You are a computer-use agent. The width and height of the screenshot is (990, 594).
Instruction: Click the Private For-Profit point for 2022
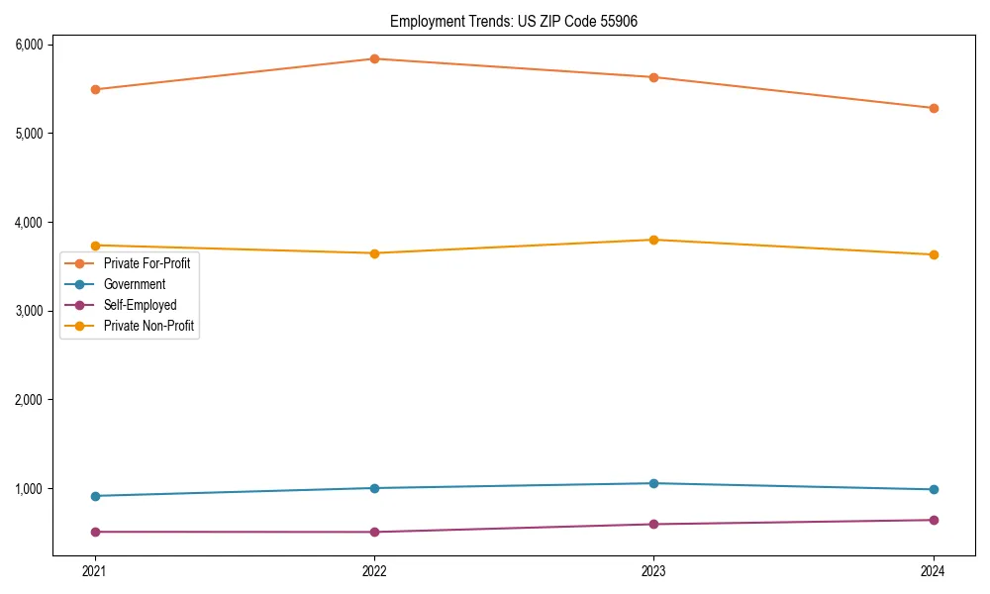tap(374, 58)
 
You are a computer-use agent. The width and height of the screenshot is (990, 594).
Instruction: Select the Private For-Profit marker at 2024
tap(934, 108)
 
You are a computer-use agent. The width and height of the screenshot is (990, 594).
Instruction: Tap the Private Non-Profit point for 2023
tap(653, 240)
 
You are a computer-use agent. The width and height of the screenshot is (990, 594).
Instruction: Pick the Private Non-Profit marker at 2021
tap(95, 246)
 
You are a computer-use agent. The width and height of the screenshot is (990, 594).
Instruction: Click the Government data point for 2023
tap(653, 483)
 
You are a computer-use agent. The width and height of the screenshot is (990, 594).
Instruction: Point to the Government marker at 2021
tap(95, 496)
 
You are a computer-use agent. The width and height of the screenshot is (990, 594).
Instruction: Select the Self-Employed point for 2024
tap(934, 520)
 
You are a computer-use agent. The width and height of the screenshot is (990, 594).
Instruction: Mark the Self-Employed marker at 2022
tap(374, 532)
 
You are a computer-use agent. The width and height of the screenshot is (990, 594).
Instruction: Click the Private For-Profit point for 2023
tap(653, 77)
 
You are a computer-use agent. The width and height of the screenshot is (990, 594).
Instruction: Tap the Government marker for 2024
tap(934, 489)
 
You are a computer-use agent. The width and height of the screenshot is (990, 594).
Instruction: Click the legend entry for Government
tap(135, 284)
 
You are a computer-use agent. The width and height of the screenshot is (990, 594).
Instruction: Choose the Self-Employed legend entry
tap(140, 305)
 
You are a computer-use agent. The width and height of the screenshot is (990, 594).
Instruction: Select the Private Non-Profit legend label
tap(148, 326)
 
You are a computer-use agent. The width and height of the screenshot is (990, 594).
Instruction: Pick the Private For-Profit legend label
tap(147, 263)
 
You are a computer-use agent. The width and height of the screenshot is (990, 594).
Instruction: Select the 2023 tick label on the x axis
tap(653, 570)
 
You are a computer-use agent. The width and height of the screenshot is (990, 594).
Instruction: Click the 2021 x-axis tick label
tap(95, 570)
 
